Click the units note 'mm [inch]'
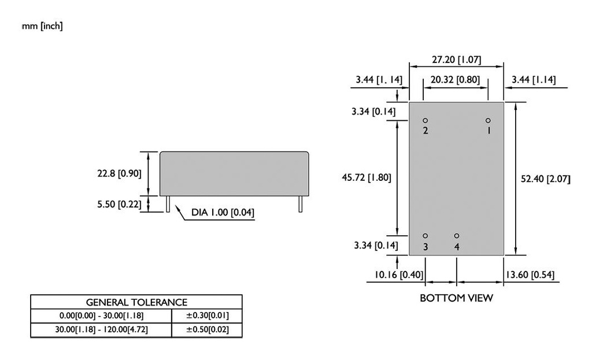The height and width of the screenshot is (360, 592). tap(42, 27)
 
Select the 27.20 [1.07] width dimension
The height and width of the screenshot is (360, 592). tap(456, 60)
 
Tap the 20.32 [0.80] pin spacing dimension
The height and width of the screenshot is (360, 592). tap(456, 80)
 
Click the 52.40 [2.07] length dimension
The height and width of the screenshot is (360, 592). tap(545, 179)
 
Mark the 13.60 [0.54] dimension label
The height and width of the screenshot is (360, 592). tap(530, 274)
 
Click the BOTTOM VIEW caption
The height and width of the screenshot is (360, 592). tap(456, 298)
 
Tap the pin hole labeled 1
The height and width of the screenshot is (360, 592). tap(488, 121)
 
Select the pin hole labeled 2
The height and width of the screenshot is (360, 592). tap(425, 121)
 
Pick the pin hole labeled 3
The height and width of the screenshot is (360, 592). tap(425, 236)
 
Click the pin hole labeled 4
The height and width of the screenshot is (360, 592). tap(457, 236)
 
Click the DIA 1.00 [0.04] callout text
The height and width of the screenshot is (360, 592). tap(223, 213)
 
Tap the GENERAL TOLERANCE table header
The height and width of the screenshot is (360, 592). tap(136, 302)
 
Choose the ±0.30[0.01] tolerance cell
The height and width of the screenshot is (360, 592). tap(207, 316)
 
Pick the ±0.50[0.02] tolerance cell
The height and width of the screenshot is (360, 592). tap(207, 330)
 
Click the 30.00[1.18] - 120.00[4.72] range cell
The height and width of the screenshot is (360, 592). tap(101, 330)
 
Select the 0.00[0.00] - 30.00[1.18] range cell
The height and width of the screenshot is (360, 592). tap(101, 316)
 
